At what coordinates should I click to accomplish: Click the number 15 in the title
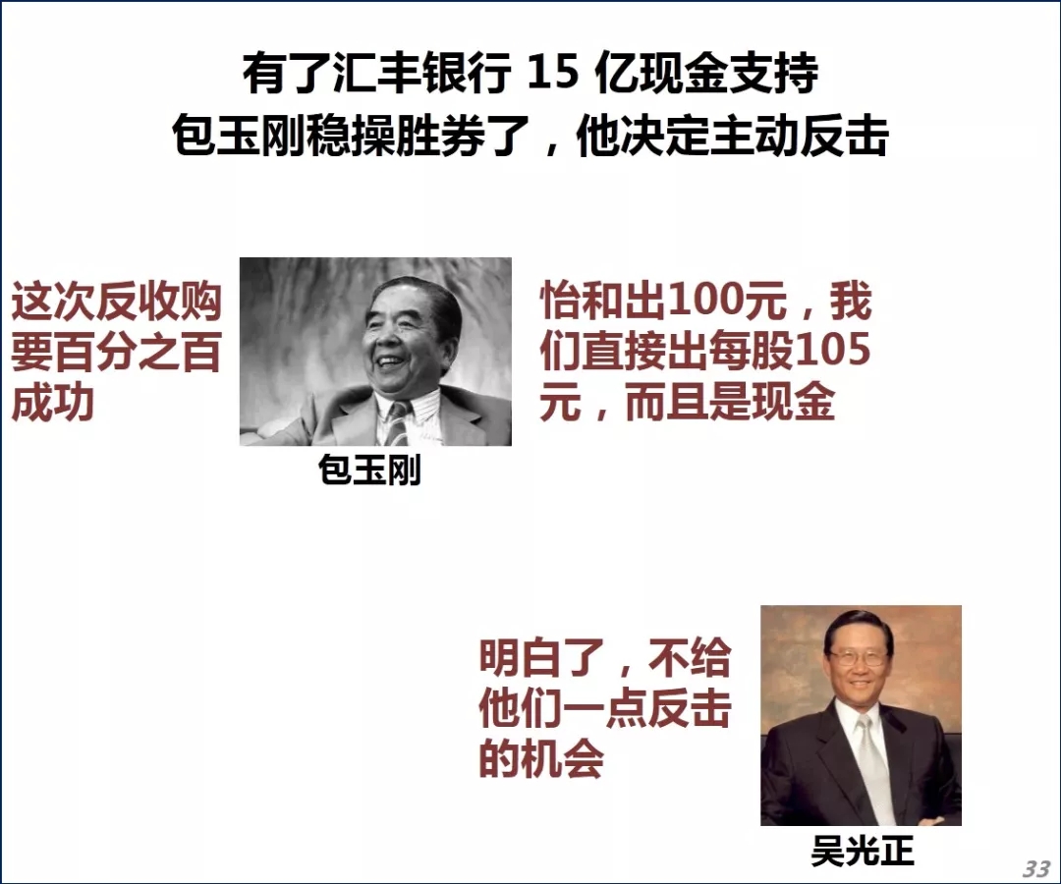[553, 73]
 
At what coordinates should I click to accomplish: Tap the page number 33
[1036, 867]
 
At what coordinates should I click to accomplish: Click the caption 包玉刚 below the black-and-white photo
[369, 470]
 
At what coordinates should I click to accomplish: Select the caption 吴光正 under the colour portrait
[863, 851]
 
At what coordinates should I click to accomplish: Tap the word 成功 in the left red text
[53, 403]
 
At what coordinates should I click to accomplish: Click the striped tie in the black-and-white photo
[398, 422]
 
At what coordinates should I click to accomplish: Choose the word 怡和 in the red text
[582, 301]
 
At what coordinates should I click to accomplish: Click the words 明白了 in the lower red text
[541, 657]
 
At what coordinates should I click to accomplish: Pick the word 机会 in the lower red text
[562, 758]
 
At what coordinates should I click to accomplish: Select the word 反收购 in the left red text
[158, 301]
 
